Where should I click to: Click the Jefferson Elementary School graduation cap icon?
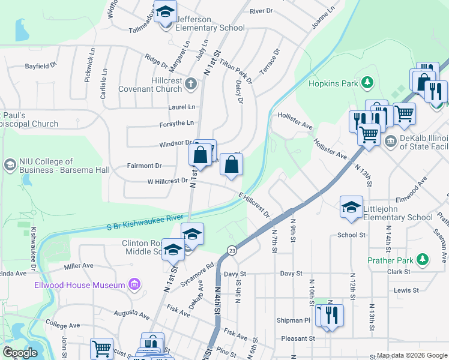(x=165, y=11)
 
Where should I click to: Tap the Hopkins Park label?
(x=333, y=83)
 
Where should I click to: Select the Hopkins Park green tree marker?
(x=366, y=83)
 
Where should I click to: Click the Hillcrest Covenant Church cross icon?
(x=190, y=83)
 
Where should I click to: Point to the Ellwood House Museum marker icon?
(x=134, y=284)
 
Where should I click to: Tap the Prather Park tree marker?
(x=424, y=259)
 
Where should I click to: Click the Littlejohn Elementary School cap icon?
(x=351, y=207)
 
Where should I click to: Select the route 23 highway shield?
(x=232, y=249)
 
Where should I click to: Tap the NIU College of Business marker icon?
(x=10, y=164)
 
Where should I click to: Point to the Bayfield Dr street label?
(x=40, y=64)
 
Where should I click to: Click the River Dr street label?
(x=261, y=11)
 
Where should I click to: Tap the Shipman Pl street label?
(x=294, y=320)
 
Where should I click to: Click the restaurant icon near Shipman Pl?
(x=331, y=316)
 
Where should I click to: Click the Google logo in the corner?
(x=20, y=352)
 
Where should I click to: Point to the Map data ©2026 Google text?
(x=411, y=355)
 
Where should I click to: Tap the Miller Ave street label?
(x=79, y=265)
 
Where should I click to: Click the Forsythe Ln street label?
(x=177, y=124)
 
